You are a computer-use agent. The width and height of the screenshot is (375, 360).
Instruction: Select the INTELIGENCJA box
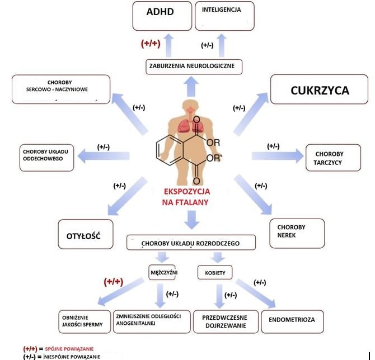pyautogui.click(x=224, y=16)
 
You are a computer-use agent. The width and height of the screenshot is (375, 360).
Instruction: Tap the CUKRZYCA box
pyautogui.click(x=320, y=89)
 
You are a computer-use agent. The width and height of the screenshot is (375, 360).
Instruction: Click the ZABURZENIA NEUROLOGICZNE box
pyautogui.click(x=195, y=67)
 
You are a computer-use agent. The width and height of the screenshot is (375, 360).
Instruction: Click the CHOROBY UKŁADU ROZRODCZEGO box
pyautogui.click(x=191, y=243)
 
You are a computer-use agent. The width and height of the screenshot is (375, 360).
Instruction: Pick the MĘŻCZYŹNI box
pyautogui.click(x=162, y=272)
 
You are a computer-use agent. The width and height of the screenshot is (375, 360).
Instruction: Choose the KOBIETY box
pyautogui.click(x=215, y=272)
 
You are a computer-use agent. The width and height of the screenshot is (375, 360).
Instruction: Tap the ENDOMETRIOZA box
pyautogui.click(x=292, y=320)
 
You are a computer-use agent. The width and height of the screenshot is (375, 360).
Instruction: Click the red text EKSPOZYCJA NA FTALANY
pyautogui.click(x=187, y=196)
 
